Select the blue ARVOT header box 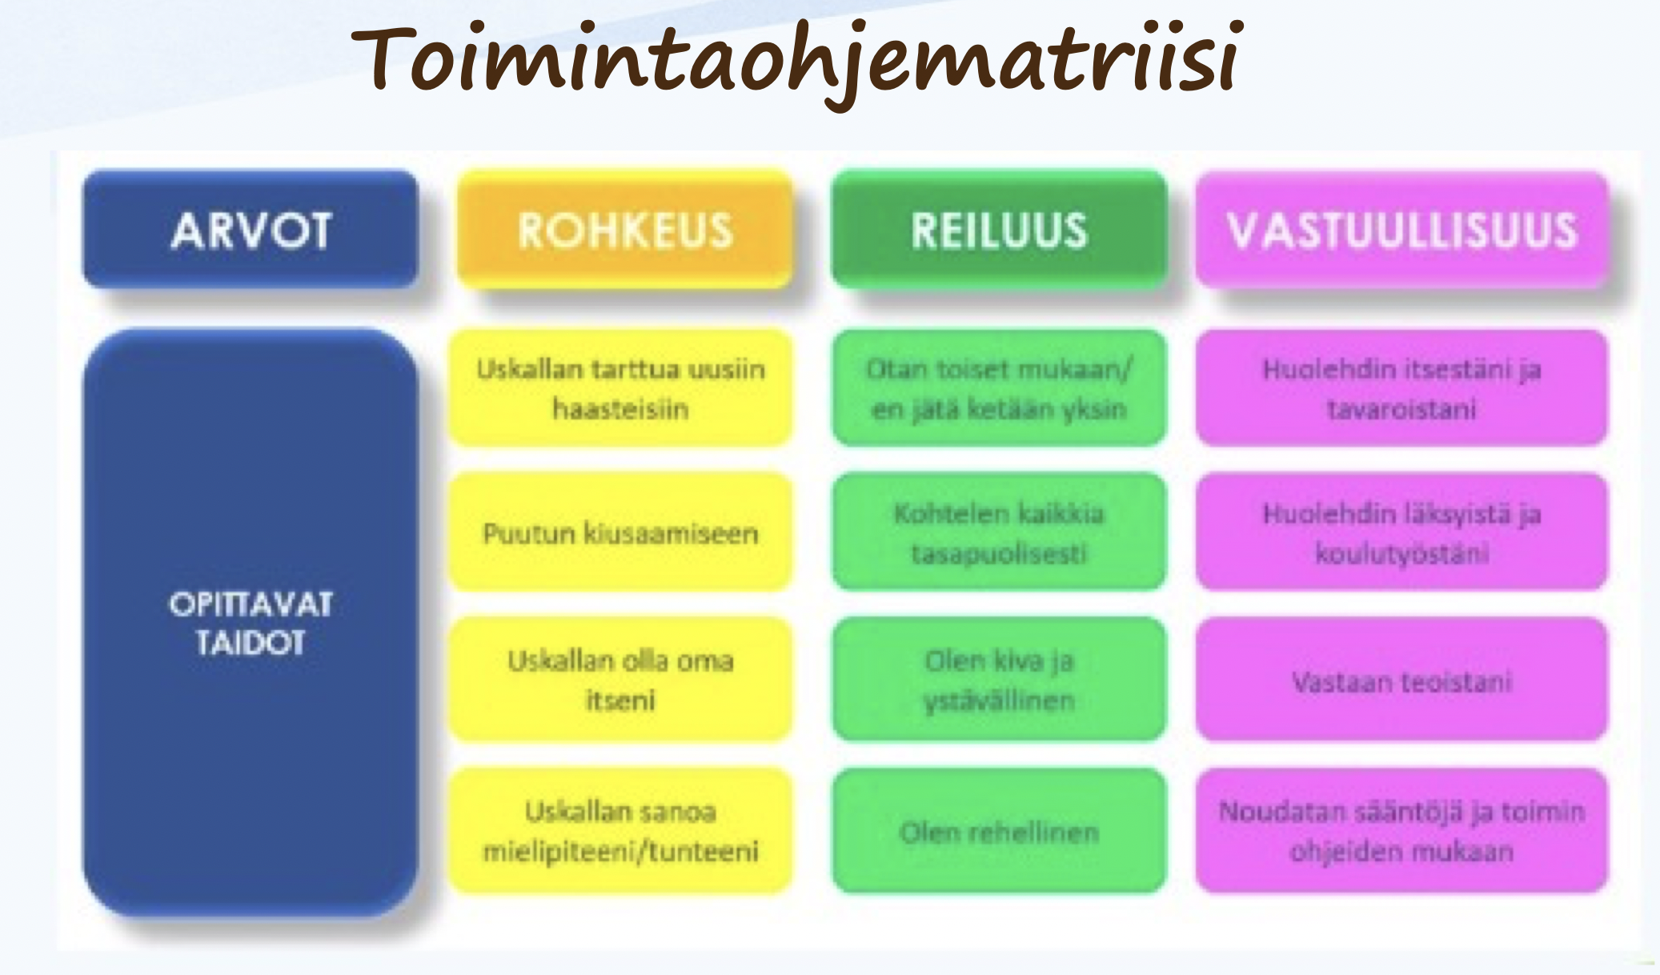pyautogui.click(x=251, y=229)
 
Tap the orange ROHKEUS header pyautogui.click(x=625, y=229)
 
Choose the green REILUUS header pyautogui.click(x=1000, y=229)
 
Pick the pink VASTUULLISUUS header pyautogui.click(x=1401, y=229)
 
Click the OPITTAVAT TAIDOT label pyautogui.click(x=251, y=623)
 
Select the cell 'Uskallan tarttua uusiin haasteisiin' pyautogui.click(x=620, y=388)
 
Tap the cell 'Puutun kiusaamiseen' pyautogui.click(x=620, y=532)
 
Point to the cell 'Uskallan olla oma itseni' pyautogui.click(x=620, y=679)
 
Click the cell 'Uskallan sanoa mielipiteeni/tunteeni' pyautogui.click(x=620, y=831)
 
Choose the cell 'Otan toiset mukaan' pyautogui.click(x=1000, y=388)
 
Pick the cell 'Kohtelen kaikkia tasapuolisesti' pyautogui.click(x=1000, y=532)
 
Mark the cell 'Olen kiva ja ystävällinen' pyautogui.click(x=1000, y=679)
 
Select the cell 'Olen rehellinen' pyautogui.click(x=1000, y=831)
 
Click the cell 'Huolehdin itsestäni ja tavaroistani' pyautogui.click(x=1401, y=388)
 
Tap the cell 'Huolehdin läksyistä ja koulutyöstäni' pyautogui.click(x=1401, y=532)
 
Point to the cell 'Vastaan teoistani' pyautogui.click(x=1401, y=679)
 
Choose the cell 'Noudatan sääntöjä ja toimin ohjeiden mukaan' pyautogui.click(x=1401, y=831)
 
